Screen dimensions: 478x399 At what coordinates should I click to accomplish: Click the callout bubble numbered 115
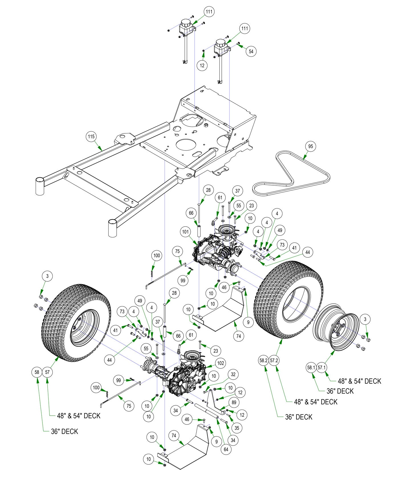[x=91, y=137]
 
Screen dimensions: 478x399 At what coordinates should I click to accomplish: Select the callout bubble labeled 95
[x=311, y=146]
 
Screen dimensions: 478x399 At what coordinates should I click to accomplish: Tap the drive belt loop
[x=291, y=174]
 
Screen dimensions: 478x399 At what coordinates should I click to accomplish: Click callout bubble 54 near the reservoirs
[x=251, y=51]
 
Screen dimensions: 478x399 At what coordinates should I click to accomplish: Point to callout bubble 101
[x=186, y=232]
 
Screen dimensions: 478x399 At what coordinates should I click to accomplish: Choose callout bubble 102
[x=221, y=363]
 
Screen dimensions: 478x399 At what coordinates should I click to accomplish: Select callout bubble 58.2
[x=263, y=360]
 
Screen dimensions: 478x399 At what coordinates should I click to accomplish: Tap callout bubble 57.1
[x=321, y=367]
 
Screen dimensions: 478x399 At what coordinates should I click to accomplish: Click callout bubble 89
[x=234, y=402]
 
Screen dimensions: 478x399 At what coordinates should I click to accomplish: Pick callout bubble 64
[x=226, y=450]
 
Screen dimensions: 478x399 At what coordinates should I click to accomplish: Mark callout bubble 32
[x=233, y=374]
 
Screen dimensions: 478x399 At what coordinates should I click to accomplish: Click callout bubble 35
[x=237, y=428]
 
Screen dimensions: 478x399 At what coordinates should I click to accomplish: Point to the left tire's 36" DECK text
[x=64, y=432]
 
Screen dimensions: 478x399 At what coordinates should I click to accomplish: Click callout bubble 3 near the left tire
[x=47, y=276]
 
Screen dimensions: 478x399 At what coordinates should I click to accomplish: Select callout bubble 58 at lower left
[x=37, y=372]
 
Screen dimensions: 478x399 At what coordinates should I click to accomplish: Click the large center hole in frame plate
[x=187, y=145]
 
